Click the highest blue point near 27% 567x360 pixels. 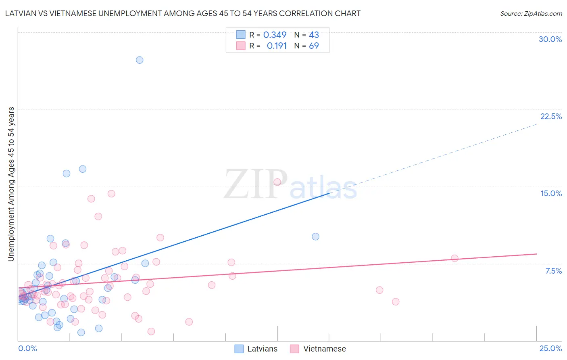point(140,60)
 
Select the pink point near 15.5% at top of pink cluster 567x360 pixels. point(277,182)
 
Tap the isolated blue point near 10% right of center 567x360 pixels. point(316,237)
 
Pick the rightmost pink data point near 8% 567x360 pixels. point(455,258)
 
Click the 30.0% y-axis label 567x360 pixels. point(550,39)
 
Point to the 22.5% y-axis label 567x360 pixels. point(551,116)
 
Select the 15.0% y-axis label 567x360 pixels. point(551,193)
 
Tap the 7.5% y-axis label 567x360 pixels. point(553,271)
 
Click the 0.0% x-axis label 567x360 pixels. point(27,348)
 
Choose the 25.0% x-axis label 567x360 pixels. point(550,348)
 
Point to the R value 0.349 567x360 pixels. point(275,35)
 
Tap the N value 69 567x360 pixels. point(314,46)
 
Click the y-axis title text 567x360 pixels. point(11,184)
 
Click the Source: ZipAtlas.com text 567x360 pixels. point(531,13)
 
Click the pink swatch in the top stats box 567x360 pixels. point(241,46)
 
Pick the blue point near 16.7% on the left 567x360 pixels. point(83,169)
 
